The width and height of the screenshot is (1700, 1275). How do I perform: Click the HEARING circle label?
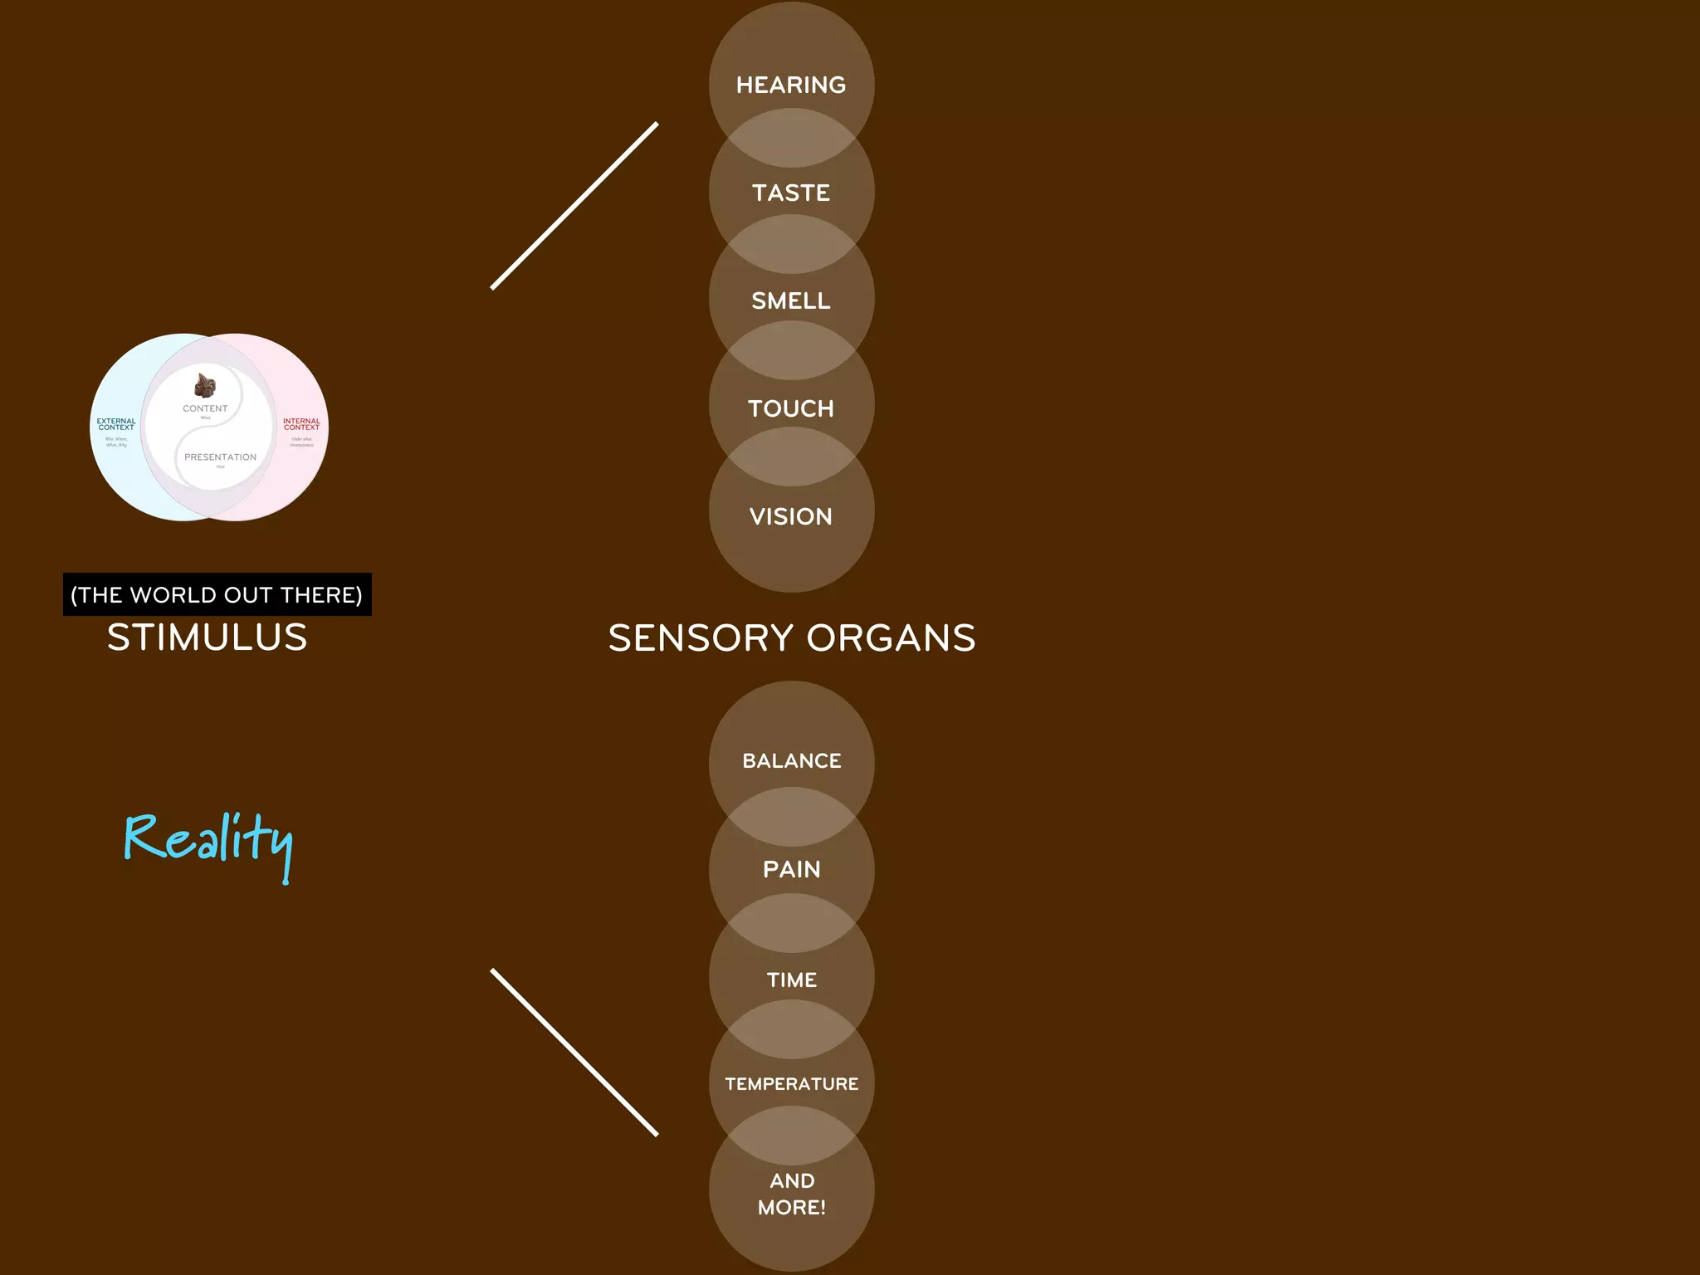(x=791, y=85)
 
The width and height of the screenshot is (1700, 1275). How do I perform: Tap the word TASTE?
(x=791, y=193)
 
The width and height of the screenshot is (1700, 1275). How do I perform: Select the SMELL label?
(x=791, y=300)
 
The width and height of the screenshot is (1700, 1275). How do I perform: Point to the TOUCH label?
(x=791, y=408)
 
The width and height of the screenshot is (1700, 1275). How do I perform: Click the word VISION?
(x=791, y=516)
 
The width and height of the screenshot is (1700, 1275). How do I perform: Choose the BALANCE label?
(x=792, y=760)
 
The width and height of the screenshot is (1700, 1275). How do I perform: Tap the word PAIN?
(x=792, y=869)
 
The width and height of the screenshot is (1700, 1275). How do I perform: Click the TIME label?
(x=792, y=979)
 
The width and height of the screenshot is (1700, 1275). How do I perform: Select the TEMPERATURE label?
(x=792, y=1083)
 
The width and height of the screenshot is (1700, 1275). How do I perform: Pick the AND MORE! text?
(x=792, y=1194)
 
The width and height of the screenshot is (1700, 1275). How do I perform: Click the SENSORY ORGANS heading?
(x=792, y=637)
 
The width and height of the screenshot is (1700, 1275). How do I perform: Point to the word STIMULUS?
(x=208, y=637)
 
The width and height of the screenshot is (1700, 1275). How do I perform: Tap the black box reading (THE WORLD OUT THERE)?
(x=217, y=594)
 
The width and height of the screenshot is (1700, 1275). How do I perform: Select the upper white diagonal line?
(x=574, y=206)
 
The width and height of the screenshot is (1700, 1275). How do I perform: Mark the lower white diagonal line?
(x=574, y=1053)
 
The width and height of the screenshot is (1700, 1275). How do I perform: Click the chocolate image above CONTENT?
(x=205, y=386)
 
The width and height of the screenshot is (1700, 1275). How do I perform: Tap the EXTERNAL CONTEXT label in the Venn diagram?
(x=116, y=424)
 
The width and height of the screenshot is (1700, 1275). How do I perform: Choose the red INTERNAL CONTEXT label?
(x=301, y=424)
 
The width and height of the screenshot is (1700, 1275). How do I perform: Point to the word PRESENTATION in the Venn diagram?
(x=220, y=457)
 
